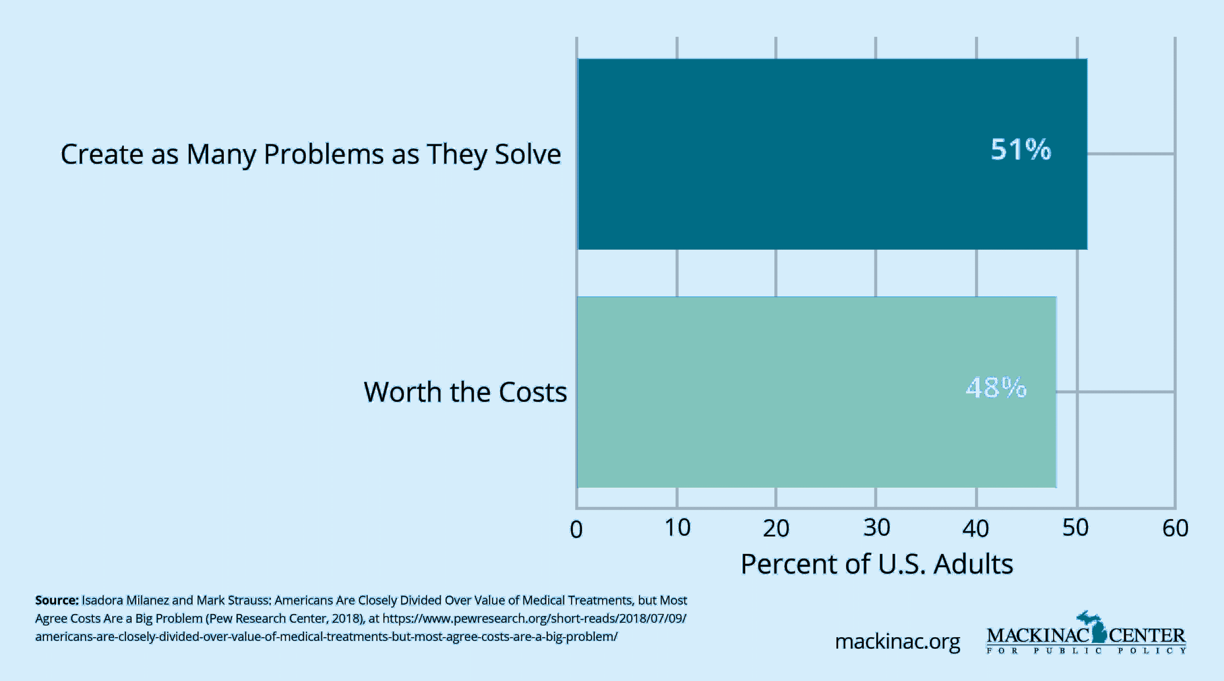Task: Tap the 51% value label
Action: click(x=1021, y=150)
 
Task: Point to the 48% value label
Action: click(x=996, y=388)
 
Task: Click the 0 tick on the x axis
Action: click(x=576, y=529)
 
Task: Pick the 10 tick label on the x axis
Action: click(x=677, y=528)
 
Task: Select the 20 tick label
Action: click(x=776, y=528)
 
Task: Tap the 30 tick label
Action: click(x=876, y=528)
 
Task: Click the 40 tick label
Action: click(x=976, y=528)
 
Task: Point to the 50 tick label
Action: click(x=1076, y=528)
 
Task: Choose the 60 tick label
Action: click(x=1176, y=528)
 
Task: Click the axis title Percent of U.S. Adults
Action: click(x=877, y=564)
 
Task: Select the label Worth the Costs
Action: click(x=465, y=392)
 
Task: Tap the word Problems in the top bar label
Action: click(x=323, y=154)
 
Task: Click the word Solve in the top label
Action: click(x=528, y=154)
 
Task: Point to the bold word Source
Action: click(x=57, y=600)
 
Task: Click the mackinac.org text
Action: click(x=897, y=642)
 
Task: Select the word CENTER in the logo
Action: click(x=1147, y=636)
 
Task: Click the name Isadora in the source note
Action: click(x=102, y=600)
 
